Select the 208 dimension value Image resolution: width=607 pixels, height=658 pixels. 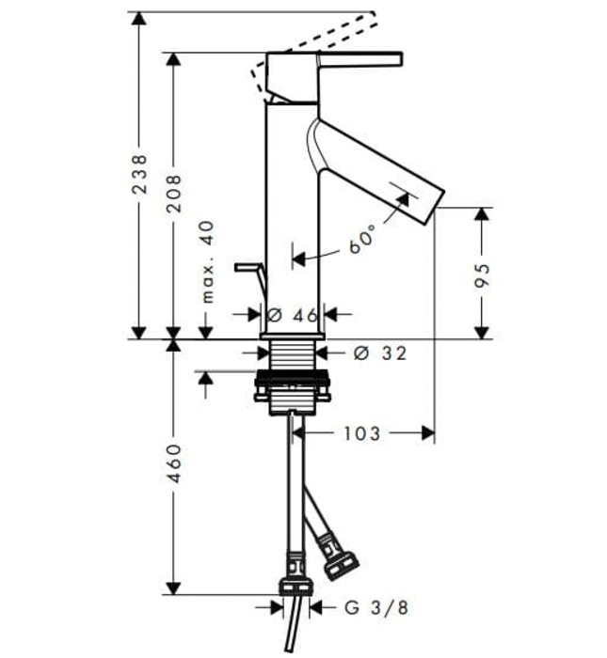click(173, 192)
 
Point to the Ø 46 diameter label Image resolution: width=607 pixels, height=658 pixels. click(293, 315)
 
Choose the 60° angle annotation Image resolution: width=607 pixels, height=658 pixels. click(362, 240)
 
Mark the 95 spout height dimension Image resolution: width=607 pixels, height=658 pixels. click(482, 274)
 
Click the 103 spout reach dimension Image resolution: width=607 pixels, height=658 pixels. click(362, 432)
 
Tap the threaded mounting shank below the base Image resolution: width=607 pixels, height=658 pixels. click(292, 355)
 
